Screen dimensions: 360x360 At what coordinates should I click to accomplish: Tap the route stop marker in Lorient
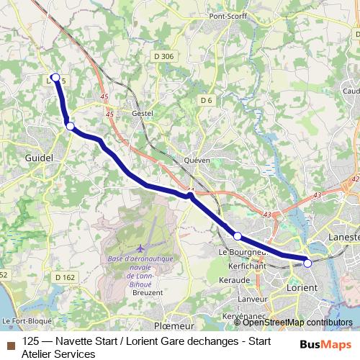point(307,263)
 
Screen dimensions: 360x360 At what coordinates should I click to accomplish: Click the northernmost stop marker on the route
point(55,77)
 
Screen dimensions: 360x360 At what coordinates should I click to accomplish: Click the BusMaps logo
point(321,343)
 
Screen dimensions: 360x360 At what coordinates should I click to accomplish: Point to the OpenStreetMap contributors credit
point(298,323)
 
